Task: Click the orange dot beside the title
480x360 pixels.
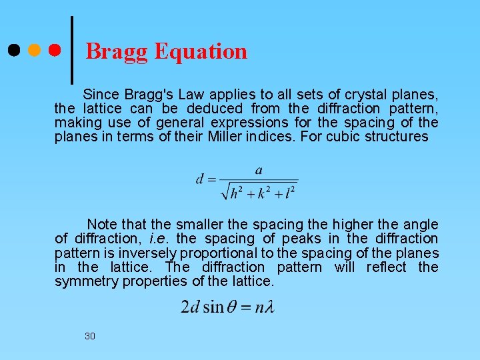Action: click(x=34, y=50)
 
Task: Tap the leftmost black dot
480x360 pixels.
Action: click(x=13, y=50)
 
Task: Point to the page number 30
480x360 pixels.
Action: click(x=90, y=336)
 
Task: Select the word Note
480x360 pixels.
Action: click(x=102, y=225)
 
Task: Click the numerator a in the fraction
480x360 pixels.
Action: click(x=259, y=170)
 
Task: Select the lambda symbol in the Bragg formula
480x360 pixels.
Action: click(x=268, y=307)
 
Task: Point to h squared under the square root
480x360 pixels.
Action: click(x=236, y=193)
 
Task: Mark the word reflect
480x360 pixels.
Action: click(x=387, y=267)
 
